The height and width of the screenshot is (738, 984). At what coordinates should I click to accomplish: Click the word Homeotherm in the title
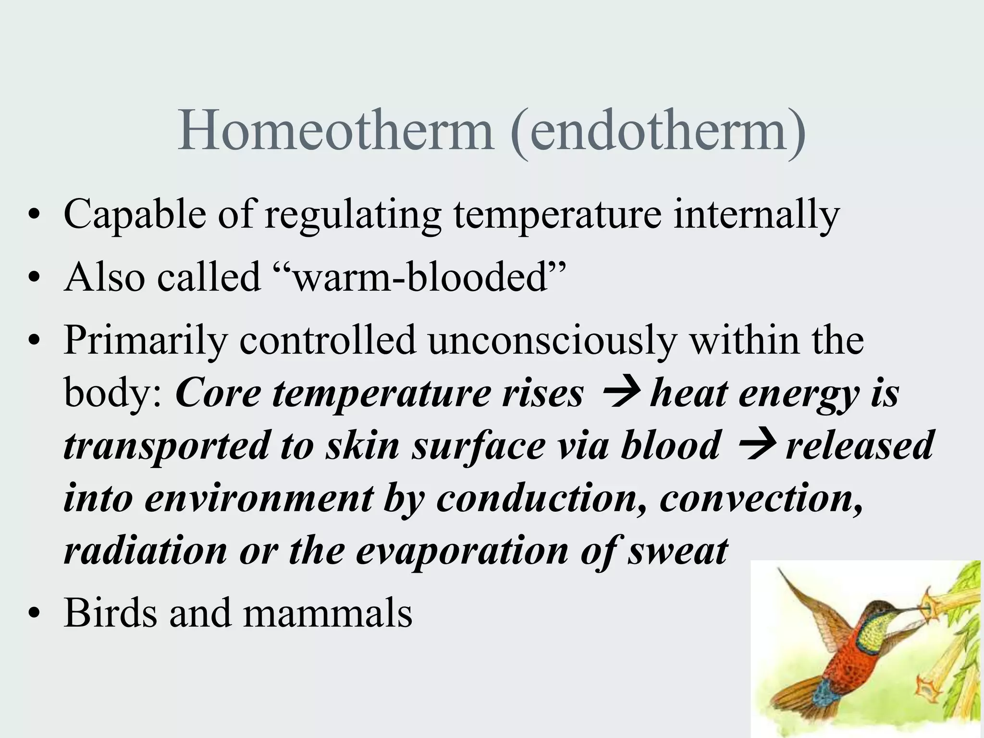335,131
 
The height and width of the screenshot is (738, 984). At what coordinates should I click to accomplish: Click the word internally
756,215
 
